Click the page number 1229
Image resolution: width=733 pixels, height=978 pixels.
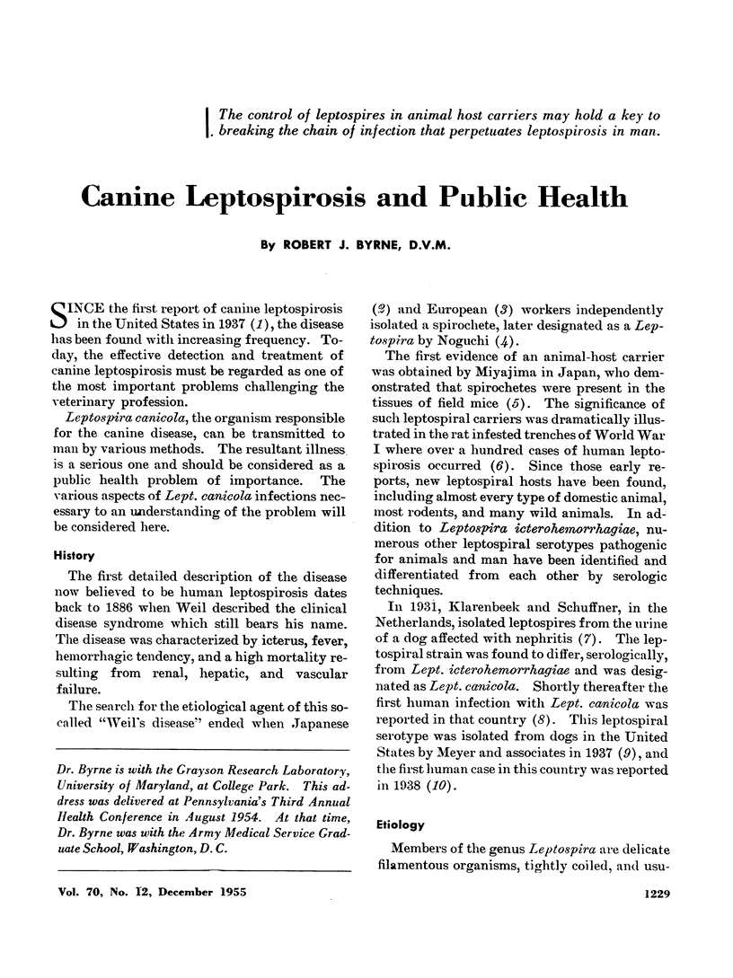pyautogui.click(x=672, y=921)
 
